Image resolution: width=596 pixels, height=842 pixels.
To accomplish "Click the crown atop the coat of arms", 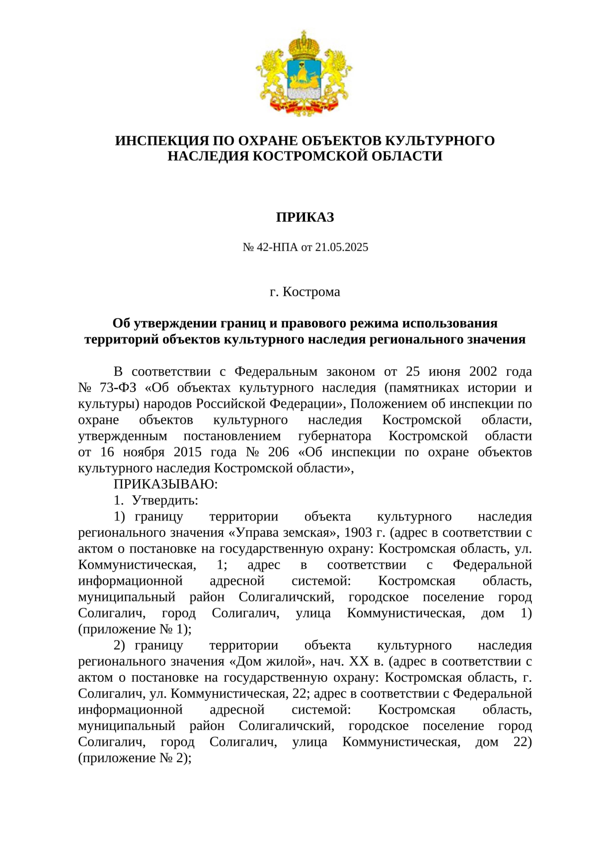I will [304, 45].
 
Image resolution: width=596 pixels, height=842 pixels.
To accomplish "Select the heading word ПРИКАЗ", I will [305, 217].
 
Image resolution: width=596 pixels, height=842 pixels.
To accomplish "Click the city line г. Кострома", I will [305, 292].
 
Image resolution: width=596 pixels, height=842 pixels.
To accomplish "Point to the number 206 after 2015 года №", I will [278, 452].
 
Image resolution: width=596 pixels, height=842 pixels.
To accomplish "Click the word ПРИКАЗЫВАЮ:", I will [165, 484].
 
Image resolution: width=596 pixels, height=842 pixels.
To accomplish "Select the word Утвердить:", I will [165, 500].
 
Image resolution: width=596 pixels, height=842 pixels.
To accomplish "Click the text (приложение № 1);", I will [135, 629].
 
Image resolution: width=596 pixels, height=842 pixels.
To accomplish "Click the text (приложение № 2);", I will [135, 758].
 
